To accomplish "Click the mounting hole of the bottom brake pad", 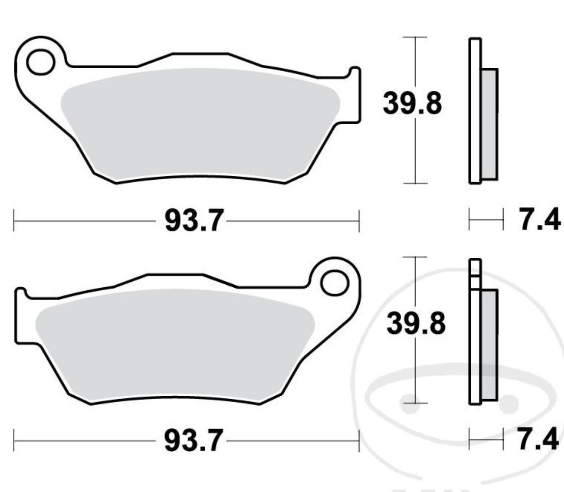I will pos(334,282).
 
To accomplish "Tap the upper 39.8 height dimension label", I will pos(412,105).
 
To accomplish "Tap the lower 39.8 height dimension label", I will pos(416,325).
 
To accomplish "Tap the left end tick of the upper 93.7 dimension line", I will pos(14,221).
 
